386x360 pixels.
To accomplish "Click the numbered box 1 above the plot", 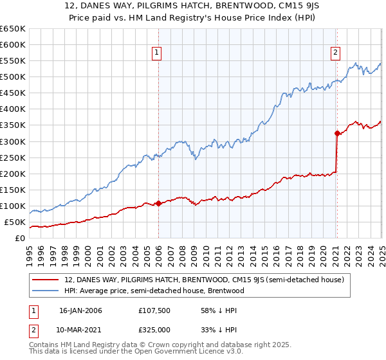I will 158,53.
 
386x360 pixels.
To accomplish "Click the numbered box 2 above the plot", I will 336,53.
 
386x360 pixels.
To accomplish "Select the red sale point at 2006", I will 158,203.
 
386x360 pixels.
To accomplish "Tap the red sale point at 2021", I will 336,133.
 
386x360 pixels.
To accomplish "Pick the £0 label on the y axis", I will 20,238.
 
